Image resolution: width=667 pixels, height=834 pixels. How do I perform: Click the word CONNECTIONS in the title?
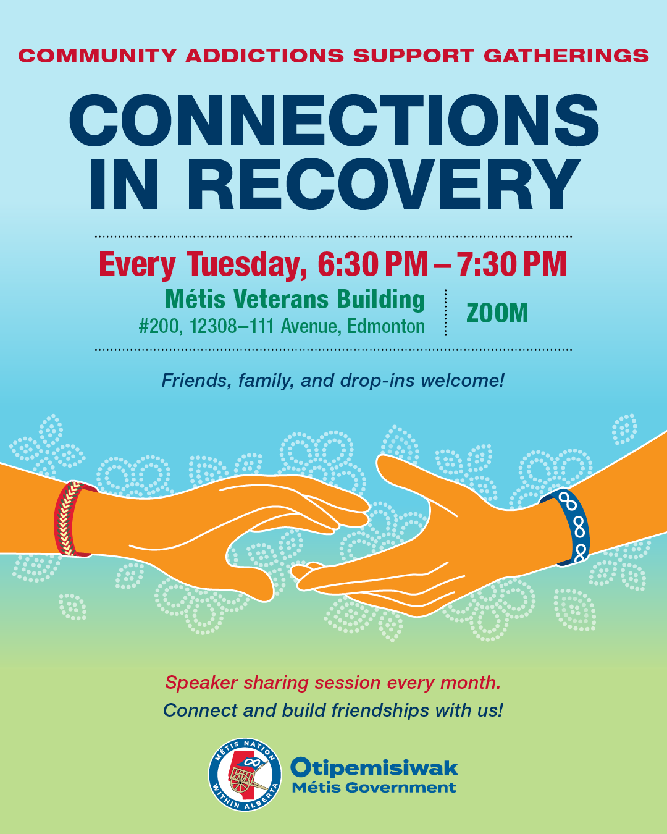click(x=334, y=120)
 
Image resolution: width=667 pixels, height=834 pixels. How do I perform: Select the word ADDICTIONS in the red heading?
click(x=265, y=56)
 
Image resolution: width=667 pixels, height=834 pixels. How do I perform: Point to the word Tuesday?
click(x=247, y=264)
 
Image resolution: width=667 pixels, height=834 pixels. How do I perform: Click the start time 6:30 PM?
click(x=373, y=264)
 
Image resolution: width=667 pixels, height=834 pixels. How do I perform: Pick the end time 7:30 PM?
click(x=513, y=264)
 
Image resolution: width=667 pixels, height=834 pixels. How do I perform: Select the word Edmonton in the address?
click(x=386, y=326)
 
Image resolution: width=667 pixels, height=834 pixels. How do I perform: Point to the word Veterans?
click(x=281, y=300)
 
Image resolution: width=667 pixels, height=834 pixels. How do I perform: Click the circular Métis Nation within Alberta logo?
click(x=245, y=774)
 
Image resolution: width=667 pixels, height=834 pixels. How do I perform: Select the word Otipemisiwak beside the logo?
click(x=374, y=768)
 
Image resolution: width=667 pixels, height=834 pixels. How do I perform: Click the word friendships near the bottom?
click(x=380, y=710)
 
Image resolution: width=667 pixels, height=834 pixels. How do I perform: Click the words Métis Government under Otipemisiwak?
click(x=374, y=788)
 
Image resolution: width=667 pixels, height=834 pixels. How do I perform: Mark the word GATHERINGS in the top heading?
click(x=566, y=56)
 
